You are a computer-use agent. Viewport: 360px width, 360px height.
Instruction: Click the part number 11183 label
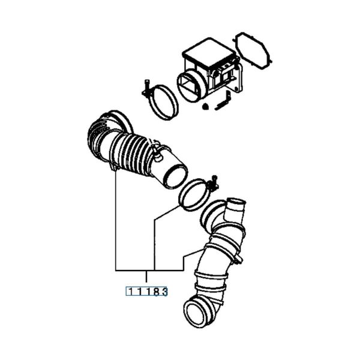[145, 292]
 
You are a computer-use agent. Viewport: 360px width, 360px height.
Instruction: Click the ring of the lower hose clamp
[193, 197]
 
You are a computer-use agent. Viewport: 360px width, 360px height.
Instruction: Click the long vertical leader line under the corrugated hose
[115, 222]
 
